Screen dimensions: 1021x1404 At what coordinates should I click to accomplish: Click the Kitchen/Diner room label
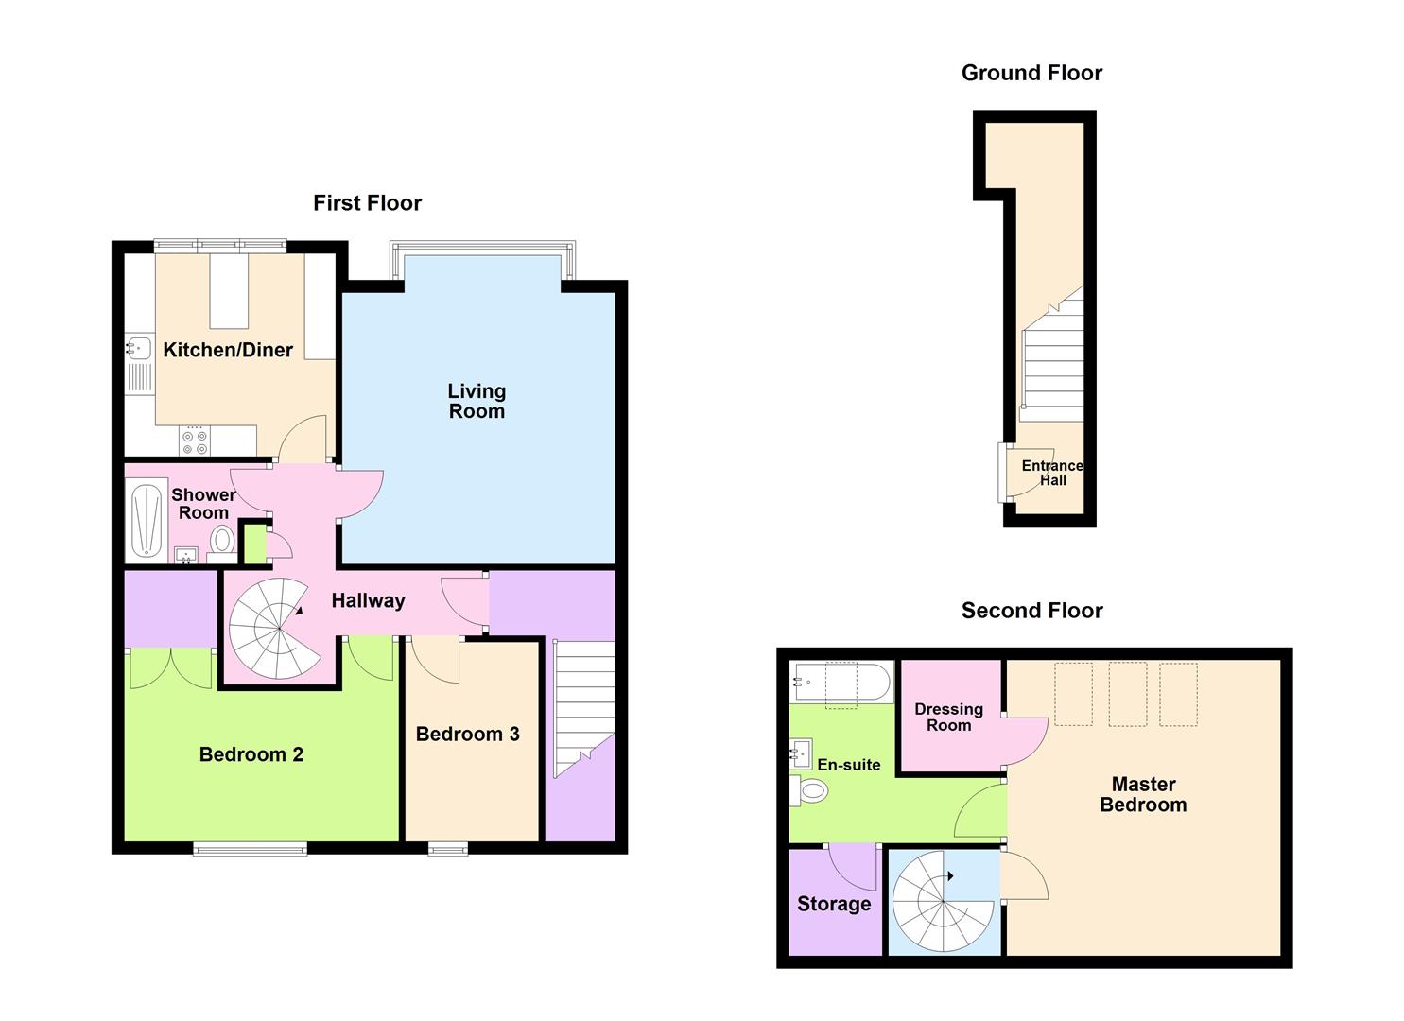pos(228,350)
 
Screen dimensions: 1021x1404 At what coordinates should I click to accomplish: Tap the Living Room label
pos(477,401)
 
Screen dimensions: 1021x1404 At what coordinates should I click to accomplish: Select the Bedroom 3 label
pos(467,735)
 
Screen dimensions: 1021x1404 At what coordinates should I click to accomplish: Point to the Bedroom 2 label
pos(251,754)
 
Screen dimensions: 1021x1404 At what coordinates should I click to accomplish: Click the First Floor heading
pos(368,203)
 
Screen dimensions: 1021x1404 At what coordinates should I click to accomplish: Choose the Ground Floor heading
pos(1031,73)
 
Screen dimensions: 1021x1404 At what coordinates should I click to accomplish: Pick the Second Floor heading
pos(1031,611)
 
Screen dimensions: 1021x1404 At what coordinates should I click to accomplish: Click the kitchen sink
pos(138,349)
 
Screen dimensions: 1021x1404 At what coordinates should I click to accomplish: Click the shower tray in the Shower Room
pos(147,521)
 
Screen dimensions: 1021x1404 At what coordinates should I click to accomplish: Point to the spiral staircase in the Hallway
pos(269,629)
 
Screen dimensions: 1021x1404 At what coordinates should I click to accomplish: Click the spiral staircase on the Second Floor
pos(943,902)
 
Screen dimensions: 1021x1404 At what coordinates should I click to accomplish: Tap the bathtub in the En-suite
pos(841,680)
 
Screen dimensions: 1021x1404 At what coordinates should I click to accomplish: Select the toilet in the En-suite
pos(810,790)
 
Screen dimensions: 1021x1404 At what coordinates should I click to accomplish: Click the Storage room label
pos(834,904)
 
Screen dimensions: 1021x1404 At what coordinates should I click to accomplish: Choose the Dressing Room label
pos(948,717)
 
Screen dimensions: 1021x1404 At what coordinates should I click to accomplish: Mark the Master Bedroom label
pos(1143,794)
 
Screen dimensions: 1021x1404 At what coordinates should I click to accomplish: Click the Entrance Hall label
pos(1052,473)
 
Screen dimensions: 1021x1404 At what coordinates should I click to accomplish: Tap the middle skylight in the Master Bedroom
pos(1127,694)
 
